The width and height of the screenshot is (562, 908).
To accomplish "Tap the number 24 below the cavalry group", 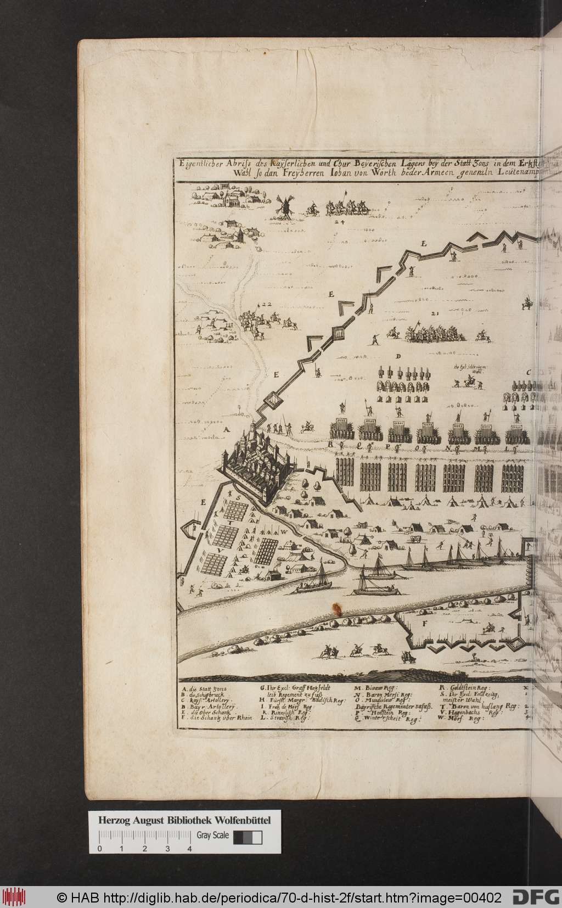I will [x=339, y=223].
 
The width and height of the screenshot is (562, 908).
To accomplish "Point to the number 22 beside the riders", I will [x=267, y=305].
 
